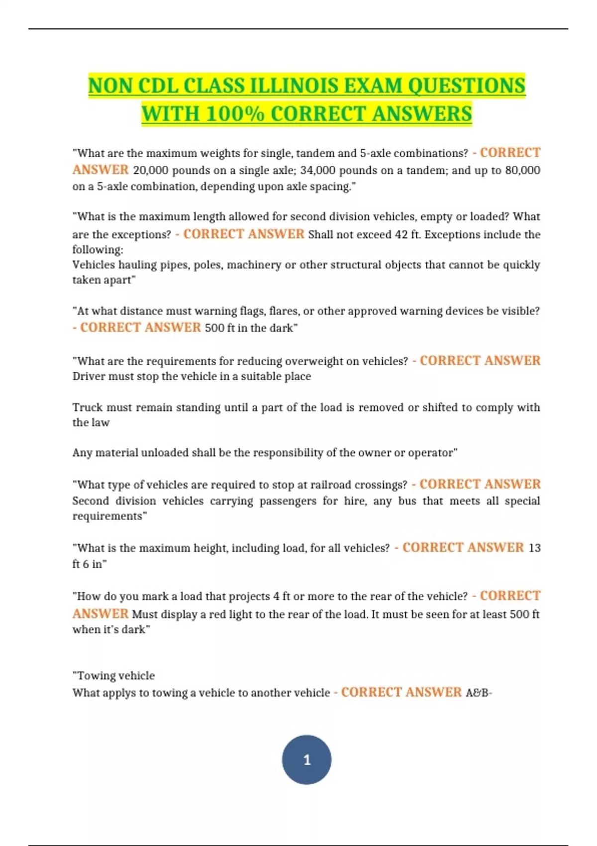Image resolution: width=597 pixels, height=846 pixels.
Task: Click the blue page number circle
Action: tap(306, 759)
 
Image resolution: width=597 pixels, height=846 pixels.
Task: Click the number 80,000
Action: tap(522, 170)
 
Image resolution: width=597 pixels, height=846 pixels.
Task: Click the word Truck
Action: tap(87, 408)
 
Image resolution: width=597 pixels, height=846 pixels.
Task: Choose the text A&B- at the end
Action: tap(479, 693)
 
